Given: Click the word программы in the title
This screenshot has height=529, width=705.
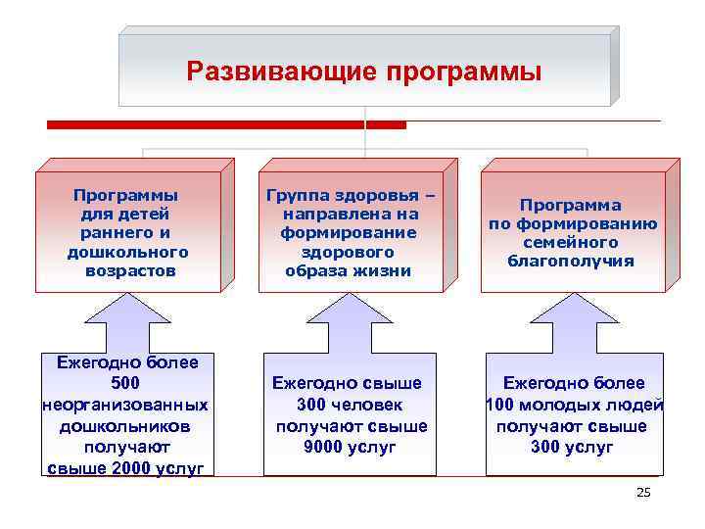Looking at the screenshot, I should point(463,72).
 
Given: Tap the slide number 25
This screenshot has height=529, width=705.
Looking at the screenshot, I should point(642,493).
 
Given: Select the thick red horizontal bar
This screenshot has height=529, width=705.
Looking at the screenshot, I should point(226,124).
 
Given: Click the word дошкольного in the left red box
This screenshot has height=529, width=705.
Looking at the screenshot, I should point(127,252).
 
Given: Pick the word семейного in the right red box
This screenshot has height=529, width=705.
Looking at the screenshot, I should point(573,242).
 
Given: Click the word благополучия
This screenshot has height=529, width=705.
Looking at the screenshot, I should point(573,261).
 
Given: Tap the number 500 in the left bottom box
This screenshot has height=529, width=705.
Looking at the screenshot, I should point(127,383).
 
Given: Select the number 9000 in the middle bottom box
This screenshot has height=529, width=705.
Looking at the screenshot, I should point(323,447).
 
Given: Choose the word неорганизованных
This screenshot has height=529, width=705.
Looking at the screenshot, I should point(125,405).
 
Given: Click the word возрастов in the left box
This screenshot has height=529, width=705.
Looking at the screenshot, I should point(127,270).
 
